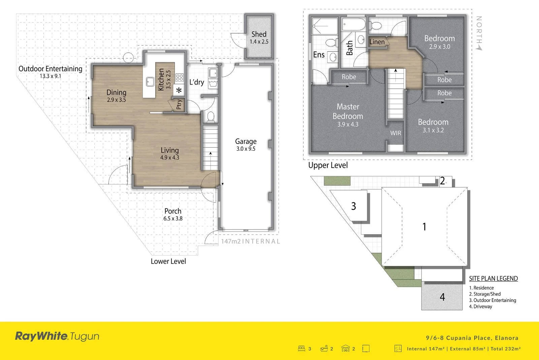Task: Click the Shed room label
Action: click(x=259, y=34)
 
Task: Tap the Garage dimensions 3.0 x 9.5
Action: click(x=246, y=149)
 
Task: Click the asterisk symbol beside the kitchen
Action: click(x=179, y=90)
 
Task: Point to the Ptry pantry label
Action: click(x=179, y=104)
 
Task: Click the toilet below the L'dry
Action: click(x=211, y=116)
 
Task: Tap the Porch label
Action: click(x=173, y=211)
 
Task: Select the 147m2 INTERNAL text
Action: click(x=250, y=241)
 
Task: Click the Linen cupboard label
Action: click(x=377, y=42)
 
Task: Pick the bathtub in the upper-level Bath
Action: click(x=353, y=24)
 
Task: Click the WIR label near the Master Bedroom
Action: click(x=395, y=133)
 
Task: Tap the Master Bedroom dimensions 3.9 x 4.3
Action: click(x=348, y=124)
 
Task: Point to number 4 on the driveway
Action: click(x=442, y=297)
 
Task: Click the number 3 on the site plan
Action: click(x=353, y=206)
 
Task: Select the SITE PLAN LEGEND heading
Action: click(x=493, y=278)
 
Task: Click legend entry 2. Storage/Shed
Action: click(x=485, y=294)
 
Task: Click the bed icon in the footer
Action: click(x=302, y=349)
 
